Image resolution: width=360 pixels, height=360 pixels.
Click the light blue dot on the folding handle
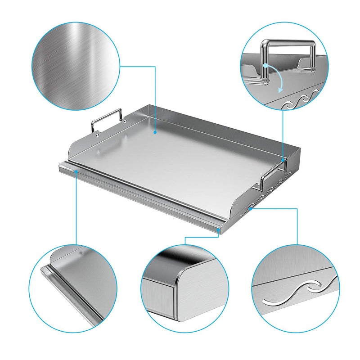click(x=266, y=66)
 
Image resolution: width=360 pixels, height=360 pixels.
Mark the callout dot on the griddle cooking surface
click(x=155, y=132)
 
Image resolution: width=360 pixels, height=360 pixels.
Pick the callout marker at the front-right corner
click(x=219, y=229)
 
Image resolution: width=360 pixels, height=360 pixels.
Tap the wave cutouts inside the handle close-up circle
click(x=299, y=97)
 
